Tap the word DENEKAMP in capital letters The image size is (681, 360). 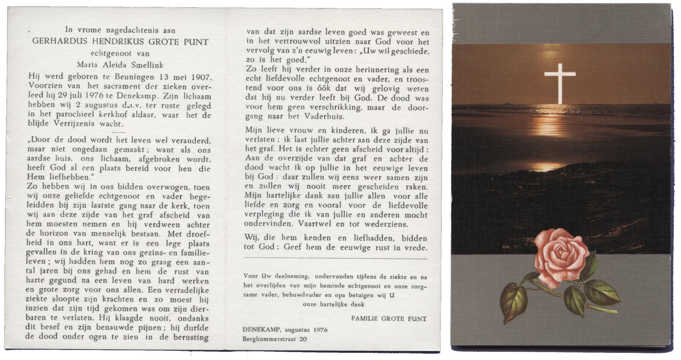(263, 330)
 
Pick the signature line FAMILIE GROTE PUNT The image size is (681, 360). (389, 319)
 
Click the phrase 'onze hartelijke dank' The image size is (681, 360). (333, 304)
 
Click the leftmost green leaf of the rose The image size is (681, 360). (513, 303)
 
